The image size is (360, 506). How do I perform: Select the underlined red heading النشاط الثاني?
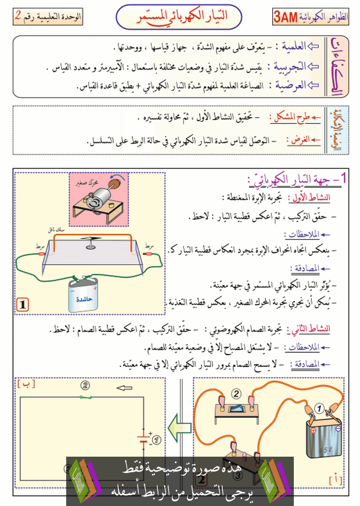point(313,329)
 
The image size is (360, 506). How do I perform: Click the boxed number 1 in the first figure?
point(23,304)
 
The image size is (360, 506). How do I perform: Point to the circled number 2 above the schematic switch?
point(86,385)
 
